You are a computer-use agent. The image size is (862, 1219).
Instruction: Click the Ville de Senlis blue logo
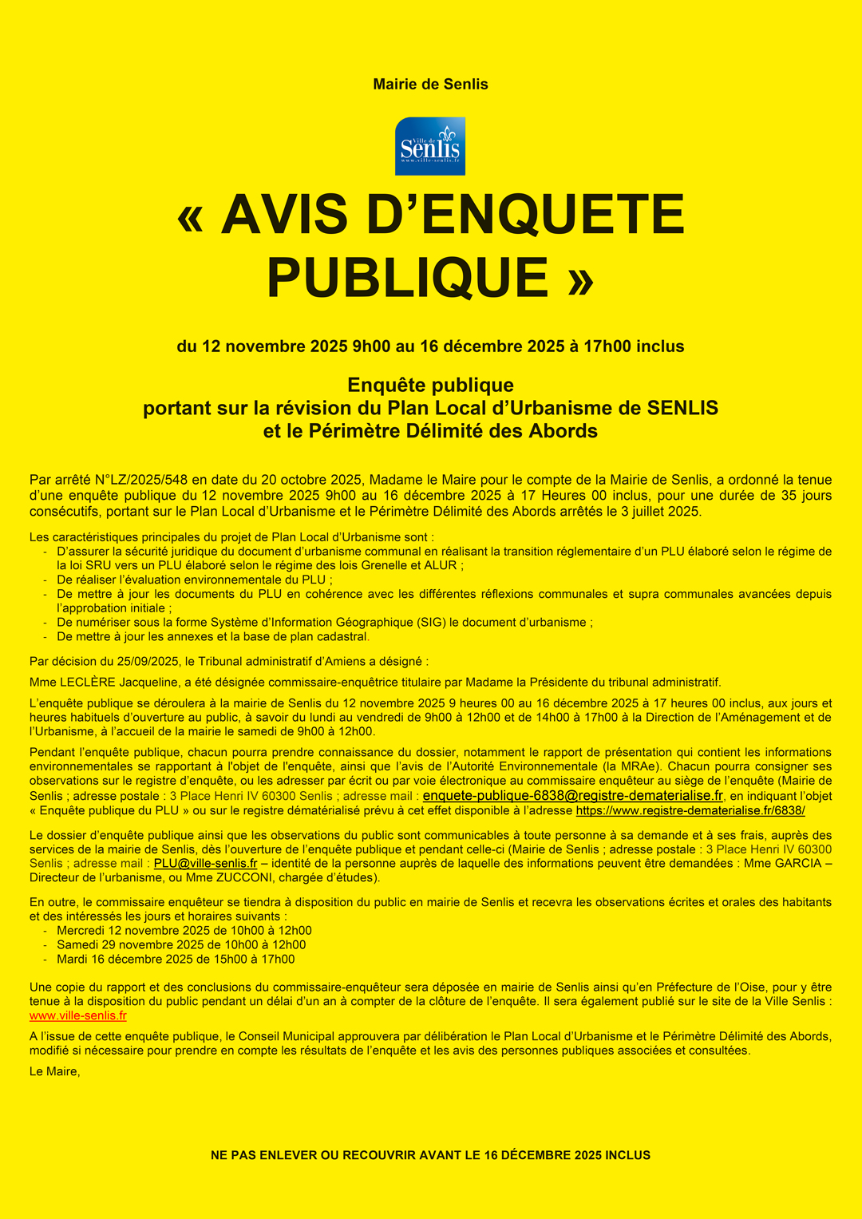click(430, 146)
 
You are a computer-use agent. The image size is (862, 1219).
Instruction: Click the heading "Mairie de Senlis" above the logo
click(430, 84)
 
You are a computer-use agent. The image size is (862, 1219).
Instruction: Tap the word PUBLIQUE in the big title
click(408, 278)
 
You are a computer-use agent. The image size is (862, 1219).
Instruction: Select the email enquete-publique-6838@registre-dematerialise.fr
click(572, 796)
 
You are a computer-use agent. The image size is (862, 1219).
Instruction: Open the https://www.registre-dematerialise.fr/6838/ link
click(690, 810)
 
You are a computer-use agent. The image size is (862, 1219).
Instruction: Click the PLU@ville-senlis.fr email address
click(205, 864)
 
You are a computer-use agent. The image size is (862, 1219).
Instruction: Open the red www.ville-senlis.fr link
click(78, 1015)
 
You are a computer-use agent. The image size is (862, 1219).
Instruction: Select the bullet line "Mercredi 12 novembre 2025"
click(184, 931)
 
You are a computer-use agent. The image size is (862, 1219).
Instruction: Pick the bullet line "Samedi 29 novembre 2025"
click(181, 945)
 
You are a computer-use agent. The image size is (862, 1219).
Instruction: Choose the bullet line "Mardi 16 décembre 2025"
click(176, 960)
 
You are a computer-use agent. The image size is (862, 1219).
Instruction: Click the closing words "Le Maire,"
click(55, 1071)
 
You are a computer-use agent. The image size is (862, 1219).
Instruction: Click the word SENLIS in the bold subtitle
click(682, 408)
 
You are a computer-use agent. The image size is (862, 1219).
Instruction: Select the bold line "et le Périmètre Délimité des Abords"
click(430, 431)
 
